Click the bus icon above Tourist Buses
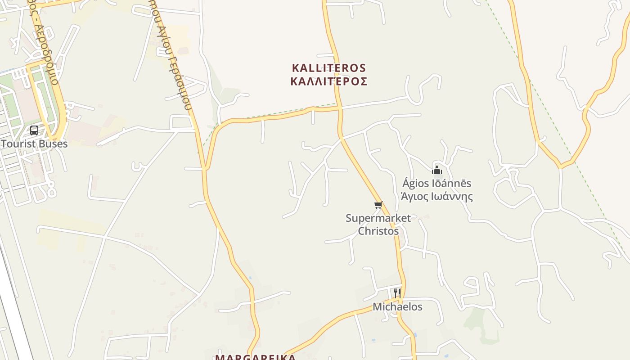(34, 130)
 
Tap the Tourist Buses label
(34, 144)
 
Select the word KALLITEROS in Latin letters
(329, 68)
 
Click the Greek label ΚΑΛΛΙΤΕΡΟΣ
(329, 81)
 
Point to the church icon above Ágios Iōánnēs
(436, 170)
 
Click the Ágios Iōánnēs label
(436, 183)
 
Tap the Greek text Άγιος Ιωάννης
(436, 196)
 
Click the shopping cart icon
(378, 205)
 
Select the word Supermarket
(378, 218)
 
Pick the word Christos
(378, 231)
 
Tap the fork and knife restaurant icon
(397, 293)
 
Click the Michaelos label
(397, 307)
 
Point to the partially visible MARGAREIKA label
(255, 357)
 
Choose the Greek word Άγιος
(414, 196)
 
